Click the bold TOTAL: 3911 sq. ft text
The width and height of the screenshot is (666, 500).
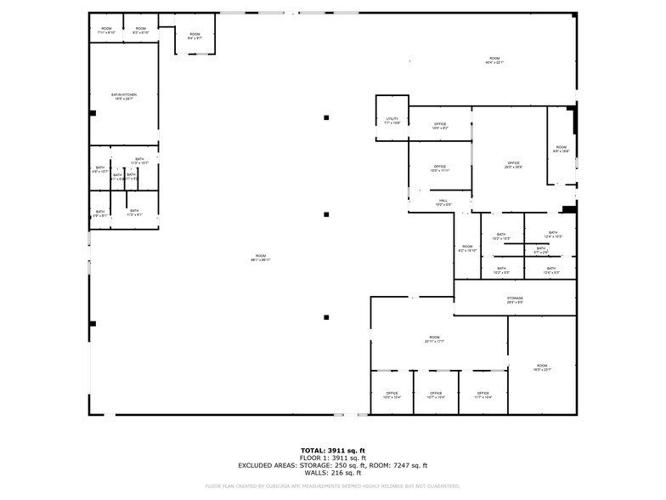click(333, 450)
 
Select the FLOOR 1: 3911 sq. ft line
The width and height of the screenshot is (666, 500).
click(333, 457)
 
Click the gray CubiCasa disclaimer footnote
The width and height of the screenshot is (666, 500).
click(333, 486)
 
